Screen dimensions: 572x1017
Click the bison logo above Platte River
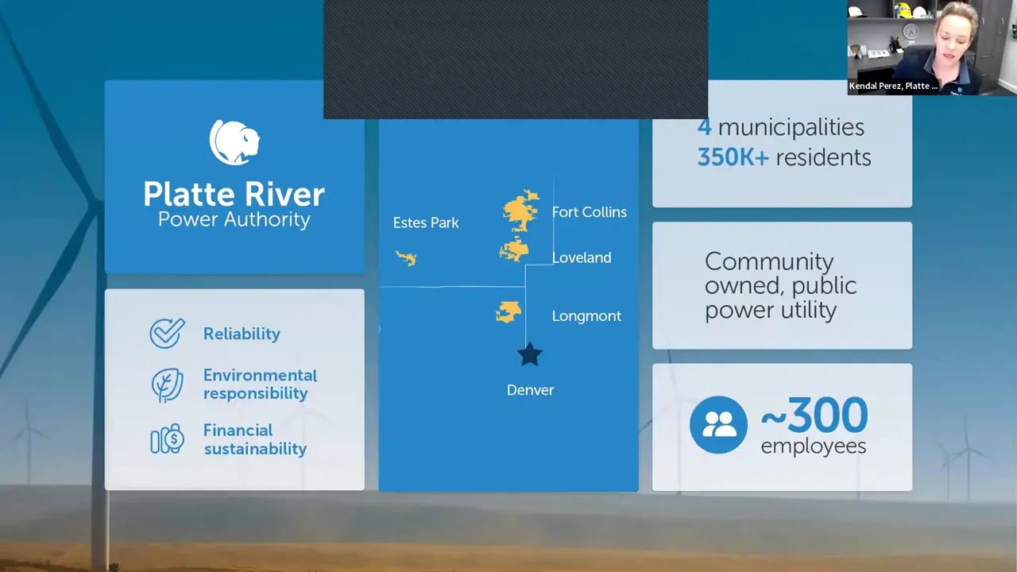(x=234, y=142)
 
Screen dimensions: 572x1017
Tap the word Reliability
(x=242, y=334)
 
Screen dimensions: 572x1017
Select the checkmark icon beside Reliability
(x=167, y=334)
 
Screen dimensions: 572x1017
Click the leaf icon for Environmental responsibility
(x=167, y=385)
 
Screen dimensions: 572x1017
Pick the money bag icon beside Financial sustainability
(x=167, y=439)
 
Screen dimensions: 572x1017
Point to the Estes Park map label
(x=426, y=223)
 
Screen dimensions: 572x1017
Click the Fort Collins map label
(x=589, y=212)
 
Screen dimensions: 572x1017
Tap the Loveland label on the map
(x=582, y=258)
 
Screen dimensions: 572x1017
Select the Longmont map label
(x=586, y=316)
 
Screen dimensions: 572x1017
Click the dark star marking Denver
(x=530, y=354)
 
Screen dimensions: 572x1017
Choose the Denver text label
(x=530, y=390)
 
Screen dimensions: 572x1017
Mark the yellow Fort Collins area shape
(x=520, y=210)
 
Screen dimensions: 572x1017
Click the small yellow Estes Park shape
(x=406, y=258)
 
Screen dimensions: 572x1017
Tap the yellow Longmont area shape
(x=508, y=312)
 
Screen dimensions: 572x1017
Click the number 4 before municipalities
(x=704, y=127)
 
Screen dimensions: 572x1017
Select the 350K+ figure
(x=733, y=157)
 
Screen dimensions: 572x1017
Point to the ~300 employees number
(x=814, y=415)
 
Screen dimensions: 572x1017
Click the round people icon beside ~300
(x=718, y=425)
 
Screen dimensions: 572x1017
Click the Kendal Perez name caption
(x=893, y=86)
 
